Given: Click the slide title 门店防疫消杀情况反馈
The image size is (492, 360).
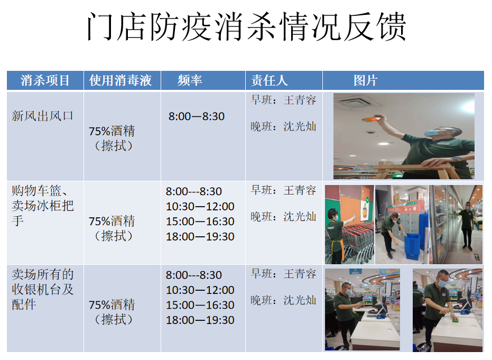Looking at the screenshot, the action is [246, 26].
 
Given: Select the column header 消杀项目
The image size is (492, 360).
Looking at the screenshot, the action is [45, 80].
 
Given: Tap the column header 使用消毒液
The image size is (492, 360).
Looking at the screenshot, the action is [120, 80].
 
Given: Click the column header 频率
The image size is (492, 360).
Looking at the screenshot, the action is [190, 80].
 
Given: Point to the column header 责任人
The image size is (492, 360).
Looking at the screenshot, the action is [270, 80].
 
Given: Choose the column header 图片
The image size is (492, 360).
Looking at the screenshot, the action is [366, 80].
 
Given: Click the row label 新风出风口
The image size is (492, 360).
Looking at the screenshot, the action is [42, 116].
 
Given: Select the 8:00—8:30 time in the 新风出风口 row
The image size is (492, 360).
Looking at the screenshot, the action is [197, 116].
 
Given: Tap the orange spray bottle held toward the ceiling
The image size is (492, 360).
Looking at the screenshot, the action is [373, 118].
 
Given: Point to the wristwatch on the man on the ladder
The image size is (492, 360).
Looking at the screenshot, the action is [457, 159].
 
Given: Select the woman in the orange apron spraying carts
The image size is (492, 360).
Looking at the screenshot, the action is [336, 235].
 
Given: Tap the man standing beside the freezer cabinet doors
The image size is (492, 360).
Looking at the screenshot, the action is [466, 225].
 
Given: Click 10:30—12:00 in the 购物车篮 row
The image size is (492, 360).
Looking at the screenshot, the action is [200, 207].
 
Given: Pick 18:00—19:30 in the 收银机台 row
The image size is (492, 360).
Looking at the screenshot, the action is [200, 320].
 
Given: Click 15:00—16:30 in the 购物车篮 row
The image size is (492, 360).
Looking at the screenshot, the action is [200, 221].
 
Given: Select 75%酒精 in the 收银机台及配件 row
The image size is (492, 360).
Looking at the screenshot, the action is [112, 305].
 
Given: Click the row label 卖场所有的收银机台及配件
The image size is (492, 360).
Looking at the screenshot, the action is [43, 289].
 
